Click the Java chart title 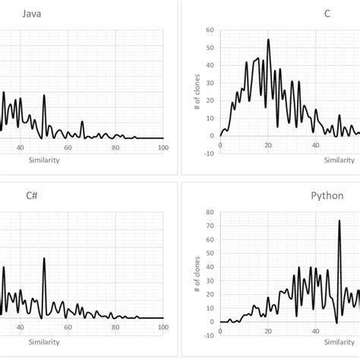[x=31, y=14]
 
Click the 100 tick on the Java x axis [x=163, y=148]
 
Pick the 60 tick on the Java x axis [x=68, y=148]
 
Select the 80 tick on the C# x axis [x=115, y=327]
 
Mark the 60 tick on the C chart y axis [x=210, y=30]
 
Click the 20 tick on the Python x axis [x=268, y=330]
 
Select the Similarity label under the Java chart [x=43, y=159]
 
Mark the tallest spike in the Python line [x=339, y=221]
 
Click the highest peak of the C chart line [x=268, y=39]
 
